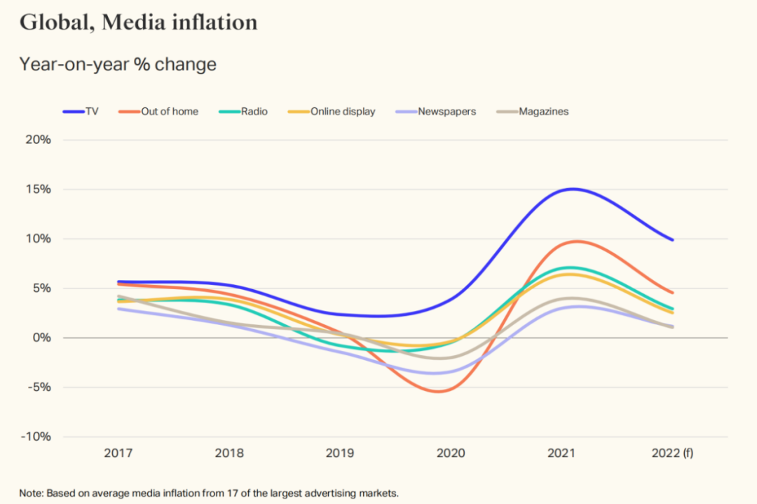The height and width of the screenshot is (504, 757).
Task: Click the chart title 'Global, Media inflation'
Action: tap(138, 22)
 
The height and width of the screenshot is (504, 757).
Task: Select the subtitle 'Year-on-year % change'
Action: tap(118, 65)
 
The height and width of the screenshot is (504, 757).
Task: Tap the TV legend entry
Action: tap(82, 111)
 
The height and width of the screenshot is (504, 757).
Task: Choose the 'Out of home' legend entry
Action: tap(159, 111)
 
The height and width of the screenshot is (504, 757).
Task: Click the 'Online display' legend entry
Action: tap(334, 111)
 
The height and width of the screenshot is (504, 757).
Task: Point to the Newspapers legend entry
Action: tap(437, 111)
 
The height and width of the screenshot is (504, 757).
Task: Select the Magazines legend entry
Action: tap(533, 111)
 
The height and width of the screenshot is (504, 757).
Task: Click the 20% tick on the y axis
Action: tap(39, 140)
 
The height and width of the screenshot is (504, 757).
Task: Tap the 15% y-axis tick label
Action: tap(39, 190)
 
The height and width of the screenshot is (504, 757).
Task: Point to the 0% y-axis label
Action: tap(41, 338)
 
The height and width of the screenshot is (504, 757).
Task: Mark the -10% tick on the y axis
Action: tap(36, 437)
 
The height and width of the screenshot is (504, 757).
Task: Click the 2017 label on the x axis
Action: tap(118, 453)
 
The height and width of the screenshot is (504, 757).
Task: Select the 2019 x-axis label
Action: tap(340, 453)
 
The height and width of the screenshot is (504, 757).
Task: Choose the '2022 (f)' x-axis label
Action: tap(673, 453)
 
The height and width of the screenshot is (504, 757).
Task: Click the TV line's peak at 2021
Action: tap(573, 189)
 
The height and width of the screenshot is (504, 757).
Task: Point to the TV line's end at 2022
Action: tap(673, 240)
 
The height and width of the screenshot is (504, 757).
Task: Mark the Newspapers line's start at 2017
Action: tap(119, 309)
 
